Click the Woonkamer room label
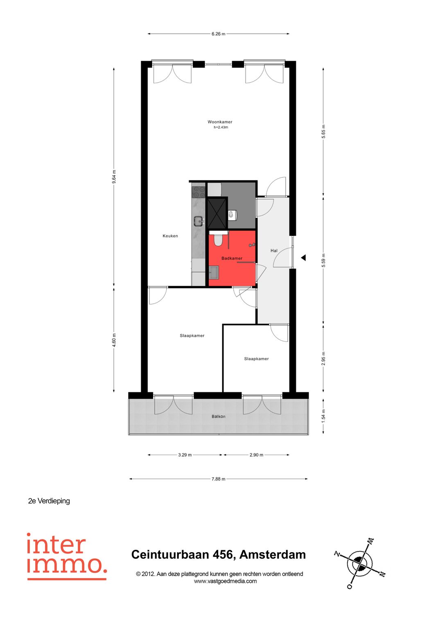(220, 122)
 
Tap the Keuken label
(170, 236)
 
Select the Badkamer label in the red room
(232, 258)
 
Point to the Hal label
(274, 250)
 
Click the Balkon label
(219, 417)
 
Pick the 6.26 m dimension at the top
(218, 34)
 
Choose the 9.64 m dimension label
(114, 177)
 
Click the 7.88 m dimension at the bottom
(218, 479)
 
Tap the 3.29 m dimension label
(185, 455)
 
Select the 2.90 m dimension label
(256, 455)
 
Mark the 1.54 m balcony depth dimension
(323, 416)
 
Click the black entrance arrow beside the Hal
(304, 258)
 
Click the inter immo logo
(67, 556)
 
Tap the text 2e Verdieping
(49, 501)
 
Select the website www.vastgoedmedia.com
(225, 581)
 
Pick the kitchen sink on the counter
(199, 221)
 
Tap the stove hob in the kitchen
(198, 191)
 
